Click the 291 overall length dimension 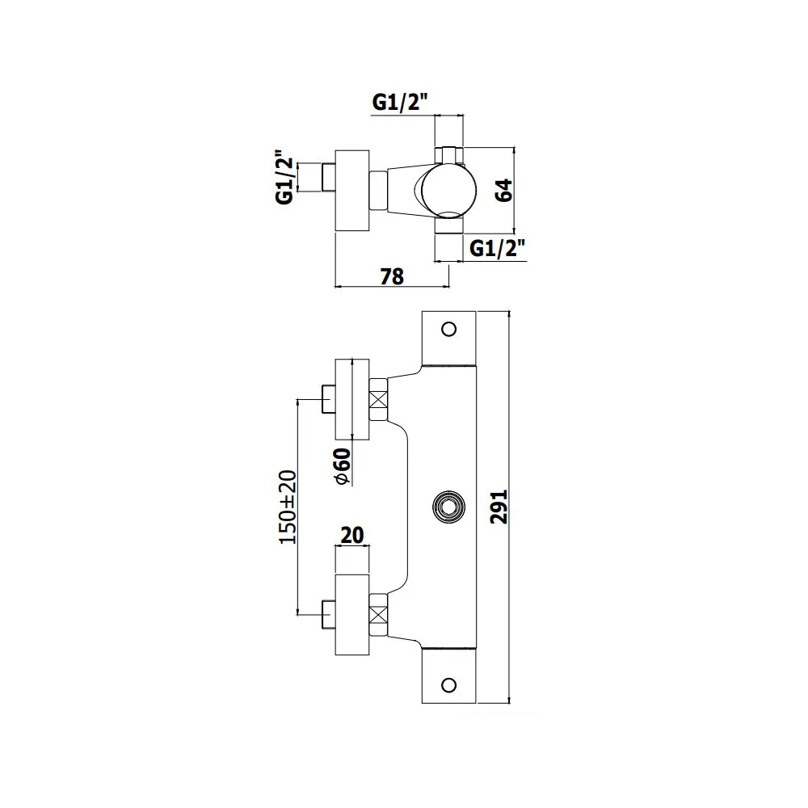click(x=499, y=507)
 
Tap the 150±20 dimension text click(x=288, y=507)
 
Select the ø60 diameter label click(x=342, y=466)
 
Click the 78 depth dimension click(x=392, y=276)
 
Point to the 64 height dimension click(x=504, y=190)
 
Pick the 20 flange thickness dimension click(x=352, y=535)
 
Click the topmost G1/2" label click(x=401, y=103)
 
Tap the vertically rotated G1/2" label click(x=285, y=177)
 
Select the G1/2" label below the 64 click(x=497, y=249)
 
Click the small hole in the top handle click(x=448, y=330)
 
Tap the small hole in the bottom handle click(x=448, y=685)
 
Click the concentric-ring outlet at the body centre click(x=448, y=507)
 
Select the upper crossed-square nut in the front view click(x=378, y=400)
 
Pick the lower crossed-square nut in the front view click(x=378, y=615)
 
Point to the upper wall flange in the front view click(x=352, y=399)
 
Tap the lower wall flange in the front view click(x=352, y=615)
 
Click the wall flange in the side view click(x=352, y=191)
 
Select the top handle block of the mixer click(x=448, y=338)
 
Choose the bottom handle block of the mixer click(x=448, y=675)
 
